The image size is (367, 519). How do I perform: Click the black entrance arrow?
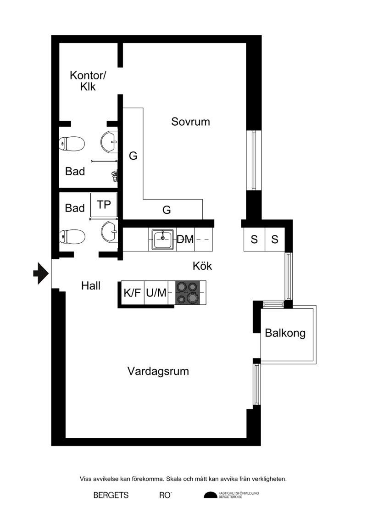41,273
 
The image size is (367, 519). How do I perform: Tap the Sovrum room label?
191,122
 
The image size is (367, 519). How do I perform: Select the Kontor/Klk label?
88,81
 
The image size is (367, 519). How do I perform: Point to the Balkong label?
285,333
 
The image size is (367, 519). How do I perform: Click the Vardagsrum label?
158,371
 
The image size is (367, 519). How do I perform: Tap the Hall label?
91,285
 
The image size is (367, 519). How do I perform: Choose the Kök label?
202,266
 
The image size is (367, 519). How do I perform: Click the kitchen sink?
163,240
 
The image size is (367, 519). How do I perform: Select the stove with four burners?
187,293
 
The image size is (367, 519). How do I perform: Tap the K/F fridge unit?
133,293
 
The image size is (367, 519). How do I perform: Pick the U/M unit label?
156,293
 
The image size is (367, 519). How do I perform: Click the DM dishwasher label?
185,240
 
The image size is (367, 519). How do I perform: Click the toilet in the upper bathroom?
72,144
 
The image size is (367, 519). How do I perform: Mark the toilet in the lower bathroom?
72,237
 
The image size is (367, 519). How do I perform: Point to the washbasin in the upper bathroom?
109,141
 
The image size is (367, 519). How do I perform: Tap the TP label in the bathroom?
104,205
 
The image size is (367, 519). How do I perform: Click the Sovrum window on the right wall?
254,160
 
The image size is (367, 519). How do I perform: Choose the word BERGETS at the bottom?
111,495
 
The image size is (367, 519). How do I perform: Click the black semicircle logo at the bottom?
211,495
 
